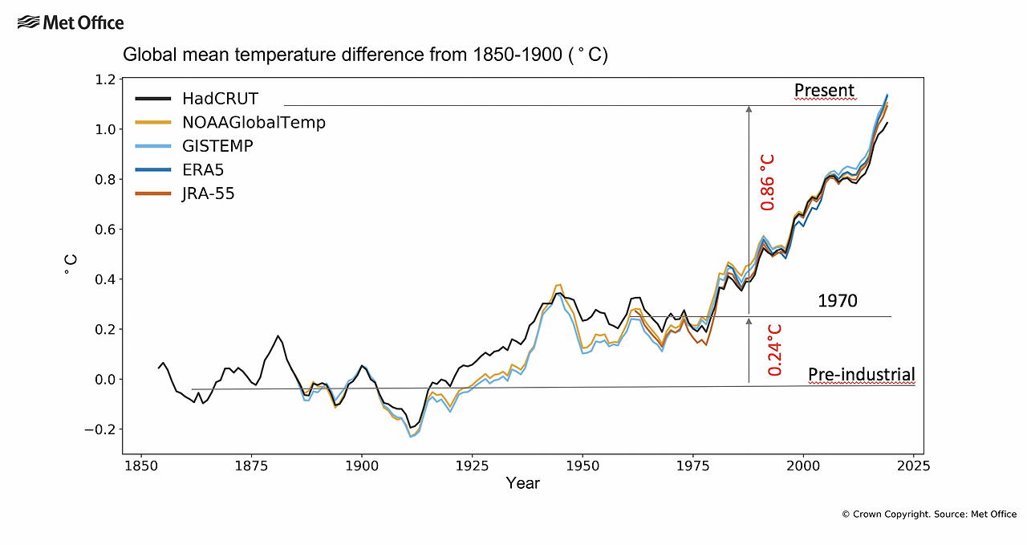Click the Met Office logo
coord(71,22)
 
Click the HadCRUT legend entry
coord(209,100)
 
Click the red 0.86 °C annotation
coord(768,183)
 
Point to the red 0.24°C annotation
coord(775,350)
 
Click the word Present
coord(825,90)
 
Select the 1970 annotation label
coord(838,301)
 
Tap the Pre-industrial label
coord(861,374)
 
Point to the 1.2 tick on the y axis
coord(106,79)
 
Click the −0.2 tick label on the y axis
coord(101,429)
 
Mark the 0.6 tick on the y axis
coord(106,230)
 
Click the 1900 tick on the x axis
coord(362,465)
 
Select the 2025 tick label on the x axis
coord(914,465)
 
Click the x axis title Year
coord(522,483)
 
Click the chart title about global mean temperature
coord(365,55)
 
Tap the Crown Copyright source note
coord(929,514)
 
